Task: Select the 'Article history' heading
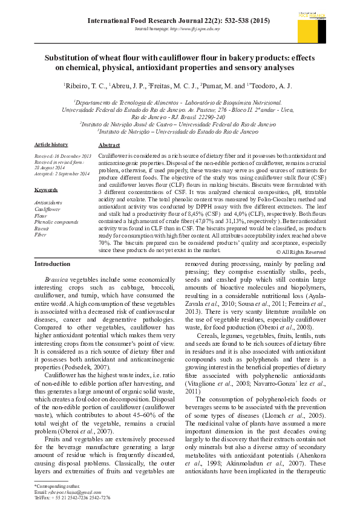click(x=51, y=145)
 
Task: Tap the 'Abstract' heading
click(x=109, y=146)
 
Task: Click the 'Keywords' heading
click(x=46, y=190)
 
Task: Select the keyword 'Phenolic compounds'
click(x=56, y=222)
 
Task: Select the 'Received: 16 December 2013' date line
click(x=62, y=157)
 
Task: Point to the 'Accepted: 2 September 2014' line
click(x=62, y=173)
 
